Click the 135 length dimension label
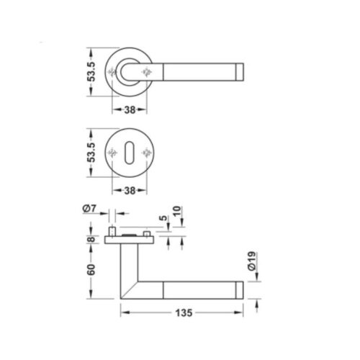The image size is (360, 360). click(x=184, y=312)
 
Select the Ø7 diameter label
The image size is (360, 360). click(x=89, y=209)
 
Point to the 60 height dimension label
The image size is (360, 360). click(x=91, y=269)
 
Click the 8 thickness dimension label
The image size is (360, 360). click(x=91, y=239)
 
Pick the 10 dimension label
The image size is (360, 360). click(x=177, y=211)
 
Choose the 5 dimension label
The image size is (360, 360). click(x=163, y=218)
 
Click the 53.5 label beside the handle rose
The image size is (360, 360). click(x=91, y=72)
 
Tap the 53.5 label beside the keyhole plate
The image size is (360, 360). click(x=91, y=153)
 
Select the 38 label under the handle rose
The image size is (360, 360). click(x=130, y=110)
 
